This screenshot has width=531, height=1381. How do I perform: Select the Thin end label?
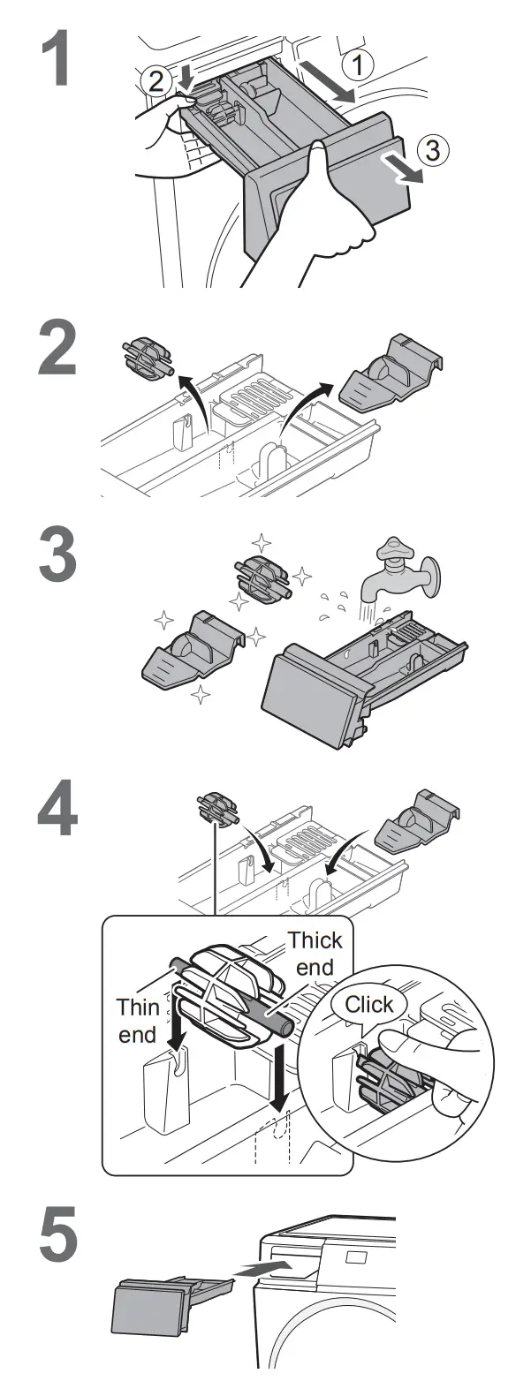137,1020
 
